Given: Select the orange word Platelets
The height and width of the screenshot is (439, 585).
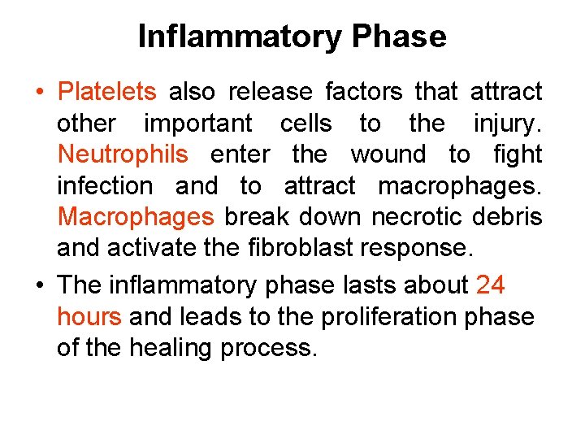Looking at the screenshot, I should (x=111, y=93).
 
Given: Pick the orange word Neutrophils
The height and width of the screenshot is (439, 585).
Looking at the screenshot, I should (x=123, y=154).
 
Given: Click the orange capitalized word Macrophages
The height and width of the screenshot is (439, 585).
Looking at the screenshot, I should (x=136, y=217).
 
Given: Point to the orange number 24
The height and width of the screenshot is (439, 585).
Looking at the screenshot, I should (x=491, y=285).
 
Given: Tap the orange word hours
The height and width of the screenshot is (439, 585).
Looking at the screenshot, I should (x=89, y=316).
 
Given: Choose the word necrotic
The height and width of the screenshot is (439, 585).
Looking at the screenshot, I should (x=422, y=217).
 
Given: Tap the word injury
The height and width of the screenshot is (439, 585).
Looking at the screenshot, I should (x=508, y=124).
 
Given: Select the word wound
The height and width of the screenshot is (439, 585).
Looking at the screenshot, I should (x=388, y=154).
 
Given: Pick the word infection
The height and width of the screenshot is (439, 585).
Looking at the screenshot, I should (x=105, y=186).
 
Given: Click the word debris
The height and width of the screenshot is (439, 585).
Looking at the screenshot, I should (x=509, y=217).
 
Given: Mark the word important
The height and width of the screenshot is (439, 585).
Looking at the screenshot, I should (x=198, y=124).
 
